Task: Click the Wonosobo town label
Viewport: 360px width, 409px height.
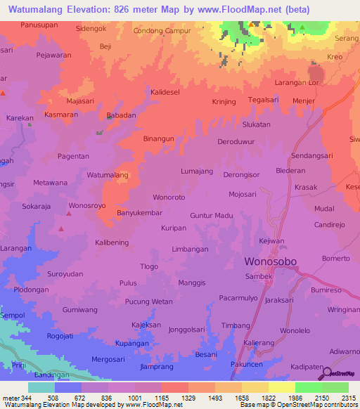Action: (x=270, y=261)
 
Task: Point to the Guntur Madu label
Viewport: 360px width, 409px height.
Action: (x=211, y=216)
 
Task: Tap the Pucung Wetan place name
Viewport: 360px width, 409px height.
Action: (x=148, y=301)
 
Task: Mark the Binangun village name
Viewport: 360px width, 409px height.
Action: (x=158, y=139)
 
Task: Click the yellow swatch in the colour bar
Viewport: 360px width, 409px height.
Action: (x=281, y=387)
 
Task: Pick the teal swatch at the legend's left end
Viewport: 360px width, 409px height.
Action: (x=41, y=387)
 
